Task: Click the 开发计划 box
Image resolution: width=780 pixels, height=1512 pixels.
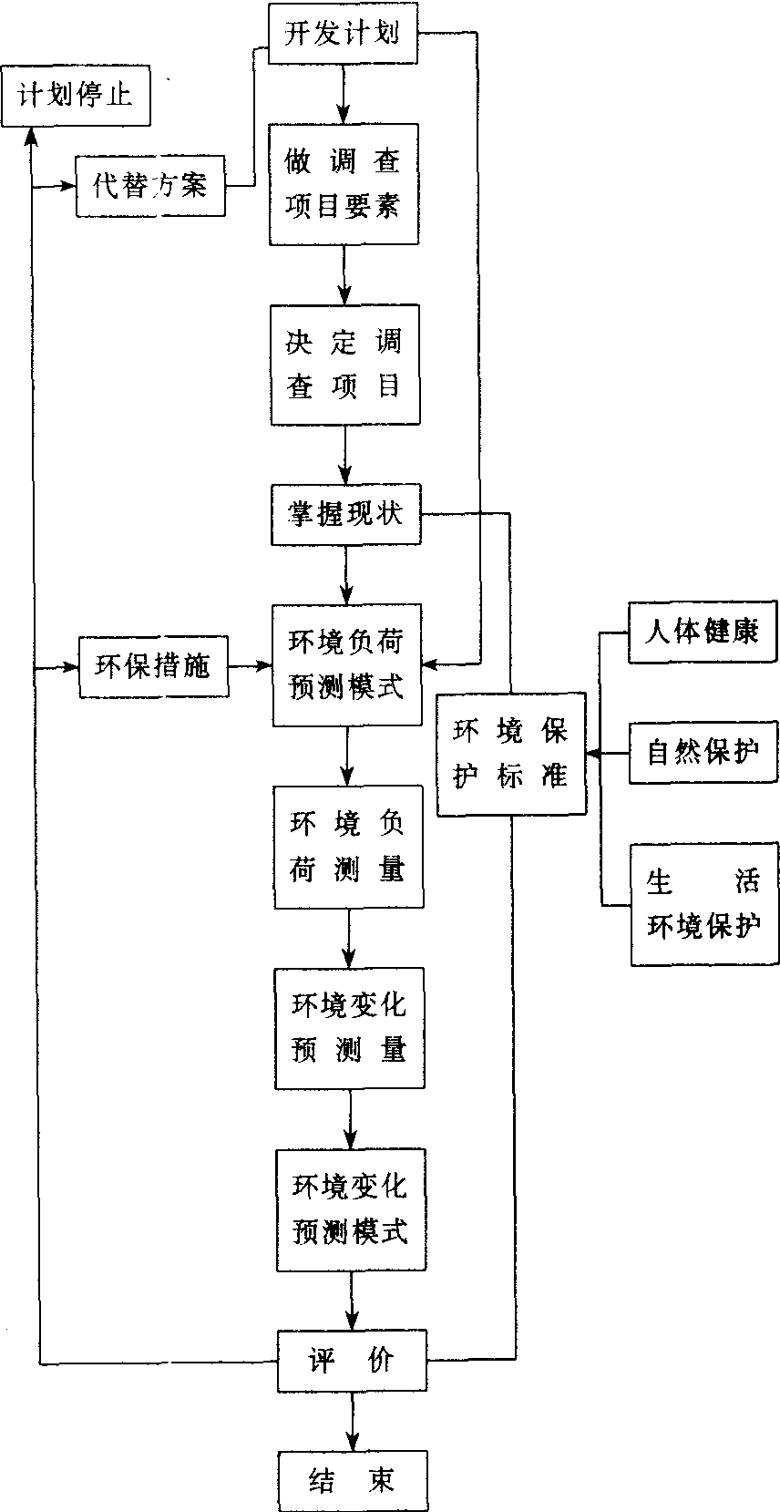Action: tap(343, 36)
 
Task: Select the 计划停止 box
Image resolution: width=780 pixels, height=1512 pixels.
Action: tap(75, 96)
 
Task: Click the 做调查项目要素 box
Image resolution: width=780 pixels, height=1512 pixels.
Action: tap(344, 184)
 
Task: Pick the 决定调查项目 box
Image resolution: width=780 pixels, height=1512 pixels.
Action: tap(344, 365)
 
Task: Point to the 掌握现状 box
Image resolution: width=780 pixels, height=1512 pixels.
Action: tap(345, 516)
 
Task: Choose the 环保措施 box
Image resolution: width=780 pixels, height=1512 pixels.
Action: tap(153, 667)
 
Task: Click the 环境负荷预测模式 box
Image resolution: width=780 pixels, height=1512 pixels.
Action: tap(346, 665)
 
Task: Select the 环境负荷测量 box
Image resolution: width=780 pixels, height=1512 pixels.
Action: tap(348, 847)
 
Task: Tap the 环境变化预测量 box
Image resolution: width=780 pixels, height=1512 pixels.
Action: tap(349, 1028)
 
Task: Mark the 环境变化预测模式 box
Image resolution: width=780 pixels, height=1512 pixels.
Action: tap(351, 1210)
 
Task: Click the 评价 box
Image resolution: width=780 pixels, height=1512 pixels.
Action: tap(351, 1362)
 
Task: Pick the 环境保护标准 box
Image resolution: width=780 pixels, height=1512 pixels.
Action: tap(510, 754)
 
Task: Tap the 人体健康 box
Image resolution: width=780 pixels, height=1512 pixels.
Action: tap(703, 632)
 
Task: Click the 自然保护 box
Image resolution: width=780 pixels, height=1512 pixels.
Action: tap(703, 753)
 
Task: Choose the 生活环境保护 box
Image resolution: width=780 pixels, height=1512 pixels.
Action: tap(704, 904)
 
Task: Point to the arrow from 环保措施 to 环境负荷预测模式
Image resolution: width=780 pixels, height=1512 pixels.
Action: tap(250, 667)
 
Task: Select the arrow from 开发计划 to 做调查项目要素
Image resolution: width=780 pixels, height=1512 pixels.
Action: tap(344, 94)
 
